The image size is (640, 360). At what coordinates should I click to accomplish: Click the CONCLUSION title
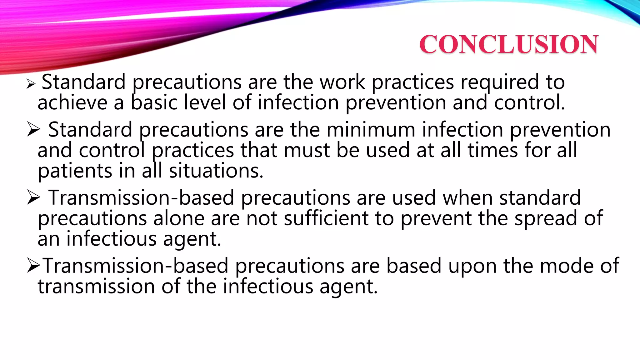pyautogui.click(x=508, y=44)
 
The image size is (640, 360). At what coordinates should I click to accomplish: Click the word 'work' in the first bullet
pyautogui.click(x=342, y=82)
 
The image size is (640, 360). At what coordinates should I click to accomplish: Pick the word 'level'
pyautogui.click(x=205, y=103)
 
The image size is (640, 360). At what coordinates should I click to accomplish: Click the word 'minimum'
pyautogui.click(x=371, y=130)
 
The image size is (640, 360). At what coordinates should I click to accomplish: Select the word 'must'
pyautogui.click(x=307, y=151)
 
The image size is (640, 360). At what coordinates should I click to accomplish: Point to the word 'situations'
pyautogui.click(x=216, y=171)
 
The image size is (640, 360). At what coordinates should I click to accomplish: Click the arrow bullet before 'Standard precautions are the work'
pyautogui.click(x=31, y=84)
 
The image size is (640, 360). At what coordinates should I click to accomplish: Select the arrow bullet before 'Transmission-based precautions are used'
pyautogui.click(x=33, y=197)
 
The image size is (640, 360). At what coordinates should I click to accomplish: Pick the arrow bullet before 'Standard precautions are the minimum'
pyautogui.click(x=33, y=129)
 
